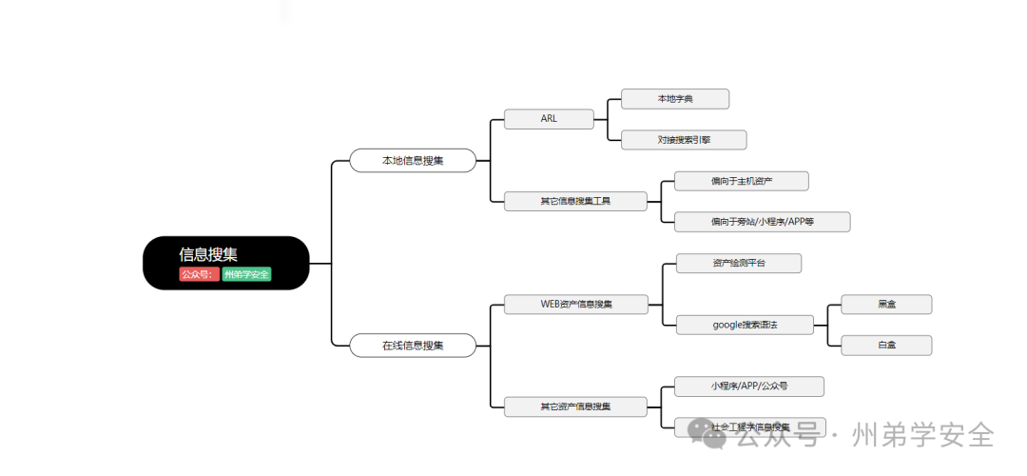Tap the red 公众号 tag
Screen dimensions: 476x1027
pos(198,275)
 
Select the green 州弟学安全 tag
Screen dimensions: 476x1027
pos(246,275)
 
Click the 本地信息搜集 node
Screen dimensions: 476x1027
pos(413,161)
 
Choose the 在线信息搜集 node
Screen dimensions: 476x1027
pos(413,346)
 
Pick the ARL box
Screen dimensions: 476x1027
pos(549,119)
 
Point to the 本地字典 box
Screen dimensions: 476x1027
pos(675,99)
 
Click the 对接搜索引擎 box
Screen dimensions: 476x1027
pos(684,140)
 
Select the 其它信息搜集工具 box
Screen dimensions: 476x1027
pos(575,201)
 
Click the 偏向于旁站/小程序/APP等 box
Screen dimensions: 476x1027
pos(762,222)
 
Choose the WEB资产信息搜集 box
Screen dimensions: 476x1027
pos(576,305)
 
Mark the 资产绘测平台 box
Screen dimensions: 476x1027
pos(739,263)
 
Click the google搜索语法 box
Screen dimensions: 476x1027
pos(745,325)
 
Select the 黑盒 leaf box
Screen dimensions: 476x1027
pos(886,305)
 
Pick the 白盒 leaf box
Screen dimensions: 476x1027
pos(886,345)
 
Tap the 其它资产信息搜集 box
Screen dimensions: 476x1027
pos(575,407)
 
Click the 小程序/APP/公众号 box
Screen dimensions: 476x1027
pos(749,387)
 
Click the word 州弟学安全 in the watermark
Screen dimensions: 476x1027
pos(924,435)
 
